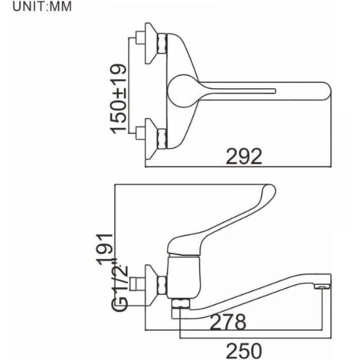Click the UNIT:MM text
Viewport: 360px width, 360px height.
pyautogui.click(x=42, y=6)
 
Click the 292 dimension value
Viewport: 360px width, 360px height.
pyautogui.click(x=244, y=156)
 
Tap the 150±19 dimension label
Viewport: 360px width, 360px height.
pyautogui.click(x=119, y=99)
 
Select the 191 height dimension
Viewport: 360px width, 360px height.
pyautogui.click(x=105, y=249)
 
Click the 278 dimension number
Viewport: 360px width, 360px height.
pyautogui.click(x=227, y=322)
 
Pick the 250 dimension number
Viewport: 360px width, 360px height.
pyautogui.click(x=244, y=351)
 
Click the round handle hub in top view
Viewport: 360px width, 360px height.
pyautogui.click(x=183, y=90)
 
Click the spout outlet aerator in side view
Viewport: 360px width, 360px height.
pyautogui.click(x=322, y=287)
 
